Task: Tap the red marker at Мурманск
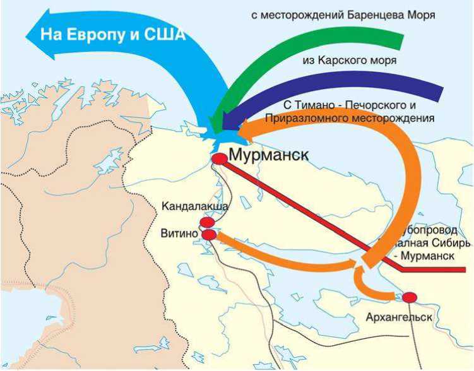point(219,159)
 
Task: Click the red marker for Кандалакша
point(207,222)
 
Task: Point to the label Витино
point(180,234)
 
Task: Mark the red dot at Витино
point(209,235)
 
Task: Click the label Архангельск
point(399,317)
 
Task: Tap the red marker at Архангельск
point(410,297)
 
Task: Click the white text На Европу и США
point(113,34)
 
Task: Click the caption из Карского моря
point(349,61)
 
